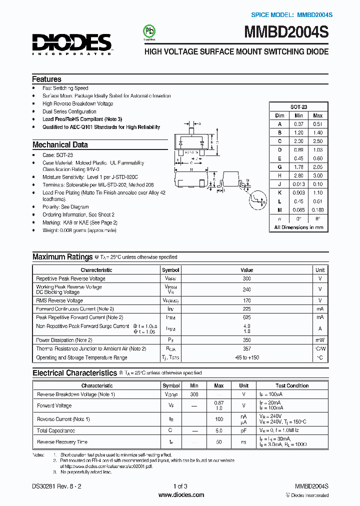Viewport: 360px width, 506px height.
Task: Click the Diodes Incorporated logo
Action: pyautogui.click(x=72, y=44)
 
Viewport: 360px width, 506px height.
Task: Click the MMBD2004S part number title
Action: pyautogui.click(x=286, y=33)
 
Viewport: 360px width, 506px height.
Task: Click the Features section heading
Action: pyautogui.click(x=46, y=79)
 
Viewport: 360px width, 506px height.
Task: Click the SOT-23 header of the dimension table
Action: pyautogui.click(x=298, y=107)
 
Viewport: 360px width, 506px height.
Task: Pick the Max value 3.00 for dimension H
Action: pyautogui.click(x=317, y=175)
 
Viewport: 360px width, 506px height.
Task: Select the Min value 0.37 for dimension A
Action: pyautogui.click(x=298, y=124)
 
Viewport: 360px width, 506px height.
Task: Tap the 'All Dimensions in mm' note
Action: pyautogui.click(x=298, y=227)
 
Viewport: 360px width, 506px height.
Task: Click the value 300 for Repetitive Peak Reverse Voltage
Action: pyautogui.click(x=246, y=278)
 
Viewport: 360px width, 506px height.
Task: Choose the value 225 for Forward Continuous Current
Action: pyautogui.click(x=246, y=309)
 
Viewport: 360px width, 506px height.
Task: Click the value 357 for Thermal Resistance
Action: pyautogui.click(x=246, y=348)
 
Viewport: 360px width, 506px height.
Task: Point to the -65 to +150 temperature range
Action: pyautogui.click(x=246, y=357)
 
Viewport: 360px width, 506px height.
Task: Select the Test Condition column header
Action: pyautogui.click(x=292, y=385)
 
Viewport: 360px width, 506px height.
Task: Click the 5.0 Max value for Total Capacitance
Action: pyautogui.click(x=218, y=430)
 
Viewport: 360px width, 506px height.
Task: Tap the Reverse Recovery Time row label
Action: pyautogui.click(x=62, y=442)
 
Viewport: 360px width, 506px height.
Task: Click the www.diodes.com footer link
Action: pyautogui.click(x=180, y=495)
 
